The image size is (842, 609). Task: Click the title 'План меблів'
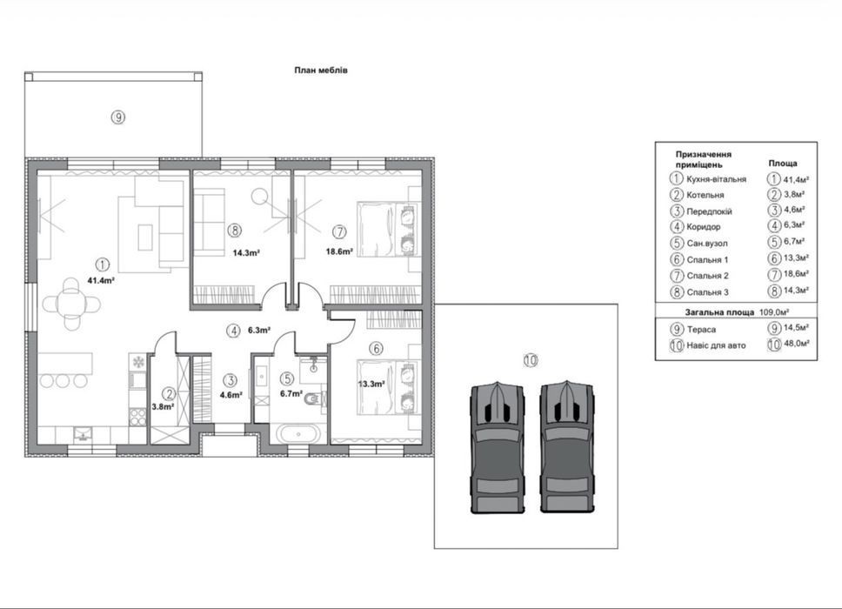pyautogui.click(x=321, y=70)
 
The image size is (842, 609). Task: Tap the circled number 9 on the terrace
pyautogui.click(x=118, y=117)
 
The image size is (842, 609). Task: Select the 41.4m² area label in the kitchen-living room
pyautogui.click(x=102, y=280)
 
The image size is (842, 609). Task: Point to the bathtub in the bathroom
pyautogui.click(x=296, y=433)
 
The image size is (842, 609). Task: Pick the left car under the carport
pyautogui.click(x=498, y=448)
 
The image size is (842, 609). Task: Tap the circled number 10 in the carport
pyautogui.click(x=530, y=360)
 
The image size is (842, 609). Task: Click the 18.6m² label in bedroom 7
pyautogui.click(x=339, y=251)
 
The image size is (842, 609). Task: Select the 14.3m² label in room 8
pyautogui.click(x=246, y=252)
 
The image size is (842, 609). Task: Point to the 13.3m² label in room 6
pyautogui.click(x=371, y=384)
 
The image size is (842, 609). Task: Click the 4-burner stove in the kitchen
pyautogui.click(x=137, y=417)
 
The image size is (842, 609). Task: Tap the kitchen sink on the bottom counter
pyautogui.click(x=83, y=433)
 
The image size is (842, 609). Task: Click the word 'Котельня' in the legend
pyautogui.click(x=705, y=195)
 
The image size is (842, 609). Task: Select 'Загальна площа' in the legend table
pyautogui.click(x=719, y=312)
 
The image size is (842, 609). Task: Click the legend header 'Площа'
pyautogui.click(x=782, y=163)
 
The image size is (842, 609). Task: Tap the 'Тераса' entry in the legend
pyautogui.click(x=701, y=329)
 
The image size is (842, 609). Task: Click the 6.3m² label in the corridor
pyautogui.click(x=259, y=331)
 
